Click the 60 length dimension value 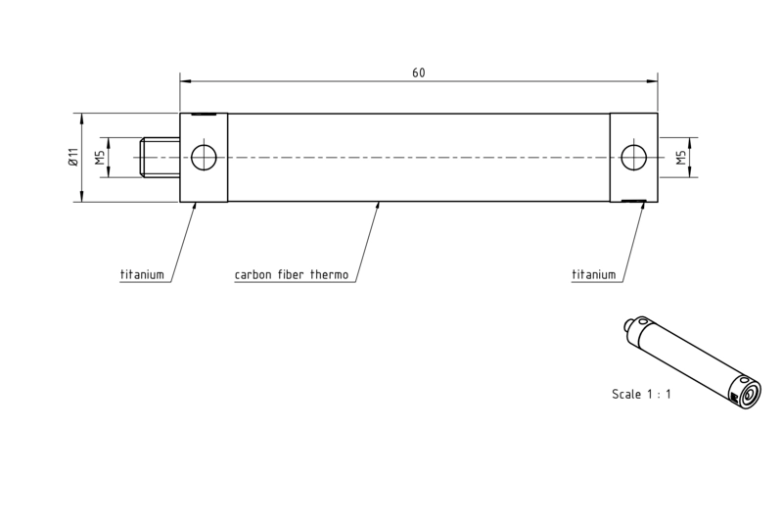point(419,72)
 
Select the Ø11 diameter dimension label point(74,157)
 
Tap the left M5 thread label point(101,158)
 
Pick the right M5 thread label point(681,158)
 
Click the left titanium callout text point(142,274)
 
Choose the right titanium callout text point(594,274)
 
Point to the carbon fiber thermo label point(292,274)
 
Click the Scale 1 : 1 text point(642,394)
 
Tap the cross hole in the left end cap point(204,158)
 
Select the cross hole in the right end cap point(633,158)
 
